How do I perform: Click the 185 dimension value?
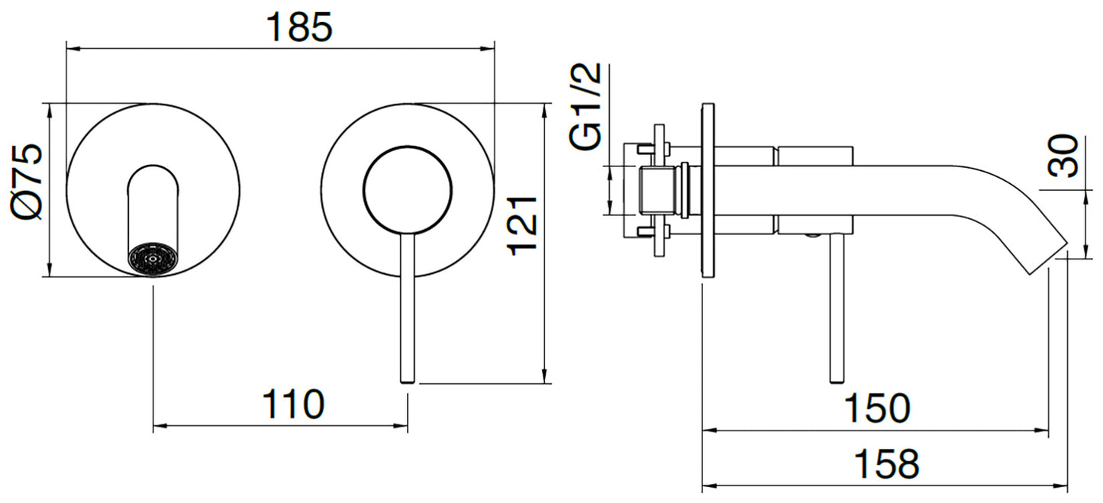click(x=299, y=27)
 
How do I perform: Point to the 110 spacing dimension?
click(x=293, y=404)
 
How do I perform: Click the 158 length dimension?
click(x=885, y=463)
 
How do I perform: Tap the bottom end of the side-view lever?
click(x=837, y=377)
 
